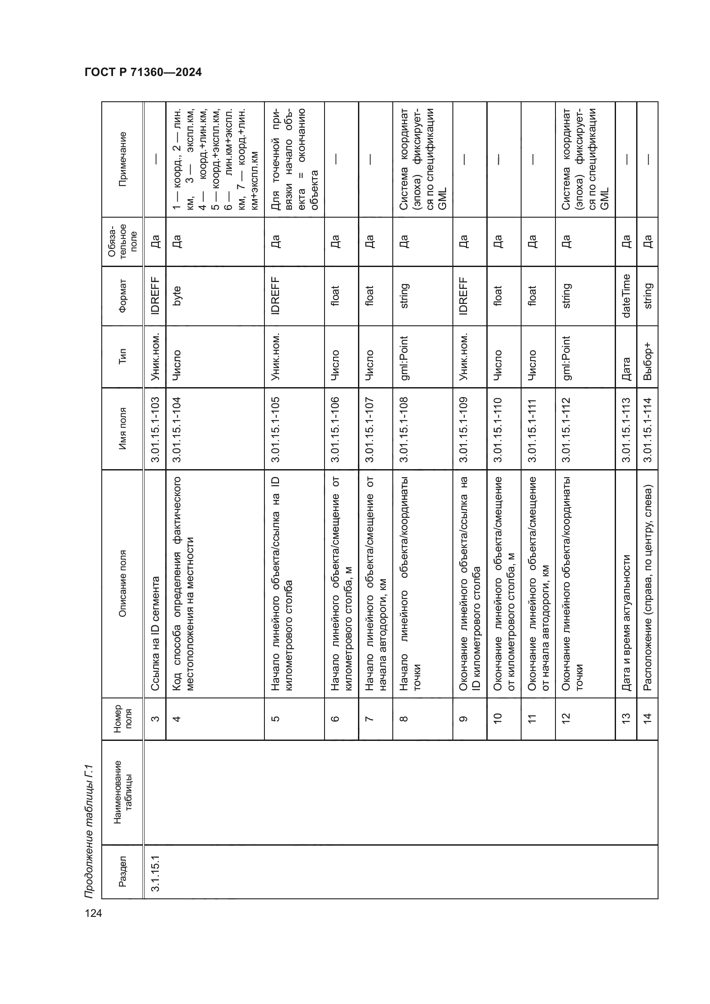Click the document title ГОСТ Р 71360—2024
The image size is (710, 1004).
pos(143,73)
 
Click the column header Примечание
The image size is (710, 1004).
pos(122,159)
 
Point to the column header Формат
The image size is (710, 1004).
pos(122,296)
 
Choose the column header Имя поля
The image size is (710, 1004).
pos(122,428)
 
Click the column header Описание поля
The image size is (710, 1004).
pos(122,583)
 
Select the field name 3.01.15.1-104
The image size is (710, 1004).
pos(176,428)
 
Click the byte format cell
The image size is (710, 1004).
pos(176,296)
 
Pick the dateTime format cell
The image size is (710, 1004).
pos(626,296)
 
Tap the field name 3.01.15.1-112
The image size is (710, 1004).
pos(566,428)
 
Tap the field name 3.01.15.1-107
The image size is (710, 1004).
pos(370,428)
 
